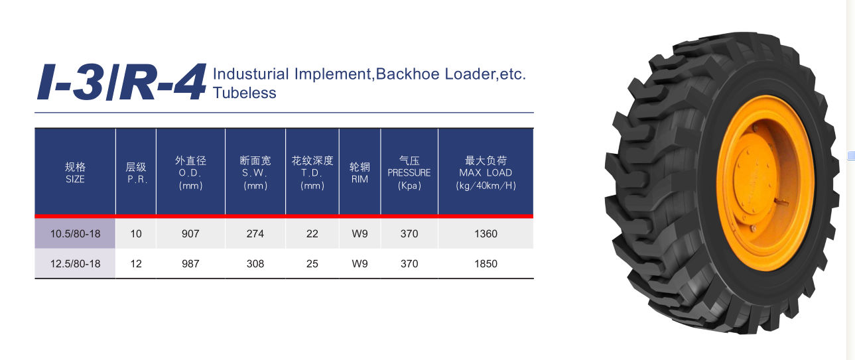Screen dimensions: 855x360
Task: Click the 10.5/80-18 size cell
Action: click(x=75, y=234)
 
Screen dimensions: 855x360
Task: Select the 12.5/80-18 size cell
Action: click(x=75, y=264)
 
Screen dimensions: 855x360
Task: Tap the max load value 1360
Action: click(x=486, y=234)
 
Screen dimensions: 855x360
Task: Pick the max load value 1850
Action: click(x=486, y=264)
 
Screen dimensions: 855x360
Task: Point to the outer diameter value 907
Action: click(x=190, y=234)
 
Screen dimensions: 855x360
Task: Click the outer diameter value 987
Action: click(x=190, y=264)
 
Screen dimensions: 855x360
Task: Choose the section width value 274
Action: click(x=255, y=234)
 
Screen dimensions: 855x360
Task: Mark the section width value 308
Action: click(x=255, y=264)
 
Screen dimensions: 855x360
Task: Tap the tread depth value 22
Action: click(x=312, y=234)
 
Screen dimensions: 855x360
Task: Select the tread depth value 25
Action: click(x=312, y=264)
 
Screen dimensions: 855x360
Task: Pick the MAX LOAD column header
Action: click(x=486, y=173)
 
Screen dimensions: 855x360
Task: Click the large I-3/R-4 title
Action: click(x=121, y=82)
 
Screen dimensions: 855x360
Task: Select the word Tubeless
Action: click(x=244, y=93)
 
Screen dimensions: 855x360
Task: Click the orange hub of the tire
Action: click(x=765, y=183)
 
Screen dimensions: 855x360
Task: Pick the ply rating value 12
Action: click(x=136, y=264)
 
